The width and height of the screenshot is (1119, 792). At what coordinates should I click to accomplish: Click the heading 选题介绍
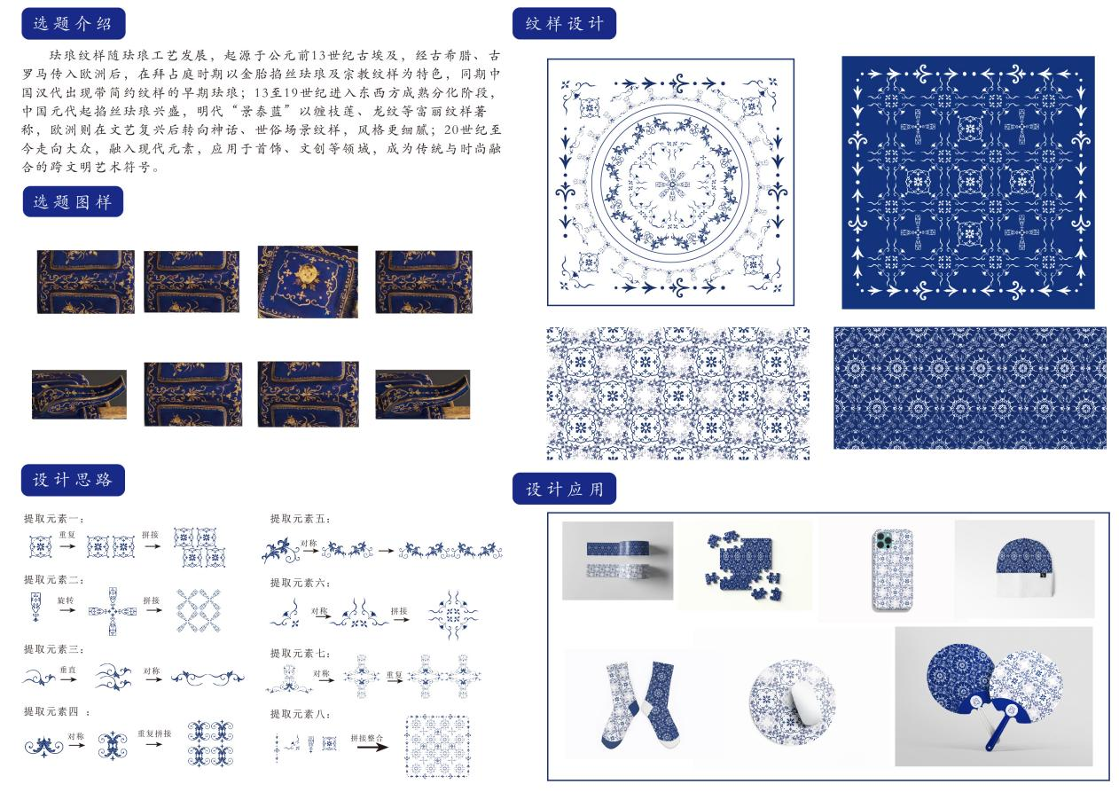point(73,23)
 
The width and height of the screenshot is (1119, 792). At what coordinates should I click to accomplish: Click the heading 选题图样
point(73,201)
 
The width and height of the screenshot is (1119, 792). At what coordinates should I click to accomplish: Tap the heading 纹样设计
point(564,23)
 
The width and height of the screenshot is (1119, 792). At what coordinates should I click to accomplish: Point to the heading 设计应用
point(564,489)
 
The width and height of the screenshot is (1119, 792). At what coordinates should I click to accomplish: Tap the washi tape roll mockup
point(617,561)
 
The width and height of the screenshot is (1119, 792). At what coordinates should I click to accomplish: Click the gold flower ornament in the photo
point(306,276)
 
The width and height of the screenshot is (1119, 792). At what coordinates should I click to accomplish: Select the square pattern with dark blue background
point(967,183)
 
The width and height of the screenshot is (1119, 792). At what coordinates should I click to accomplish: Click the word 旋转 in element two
point(66,600)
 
